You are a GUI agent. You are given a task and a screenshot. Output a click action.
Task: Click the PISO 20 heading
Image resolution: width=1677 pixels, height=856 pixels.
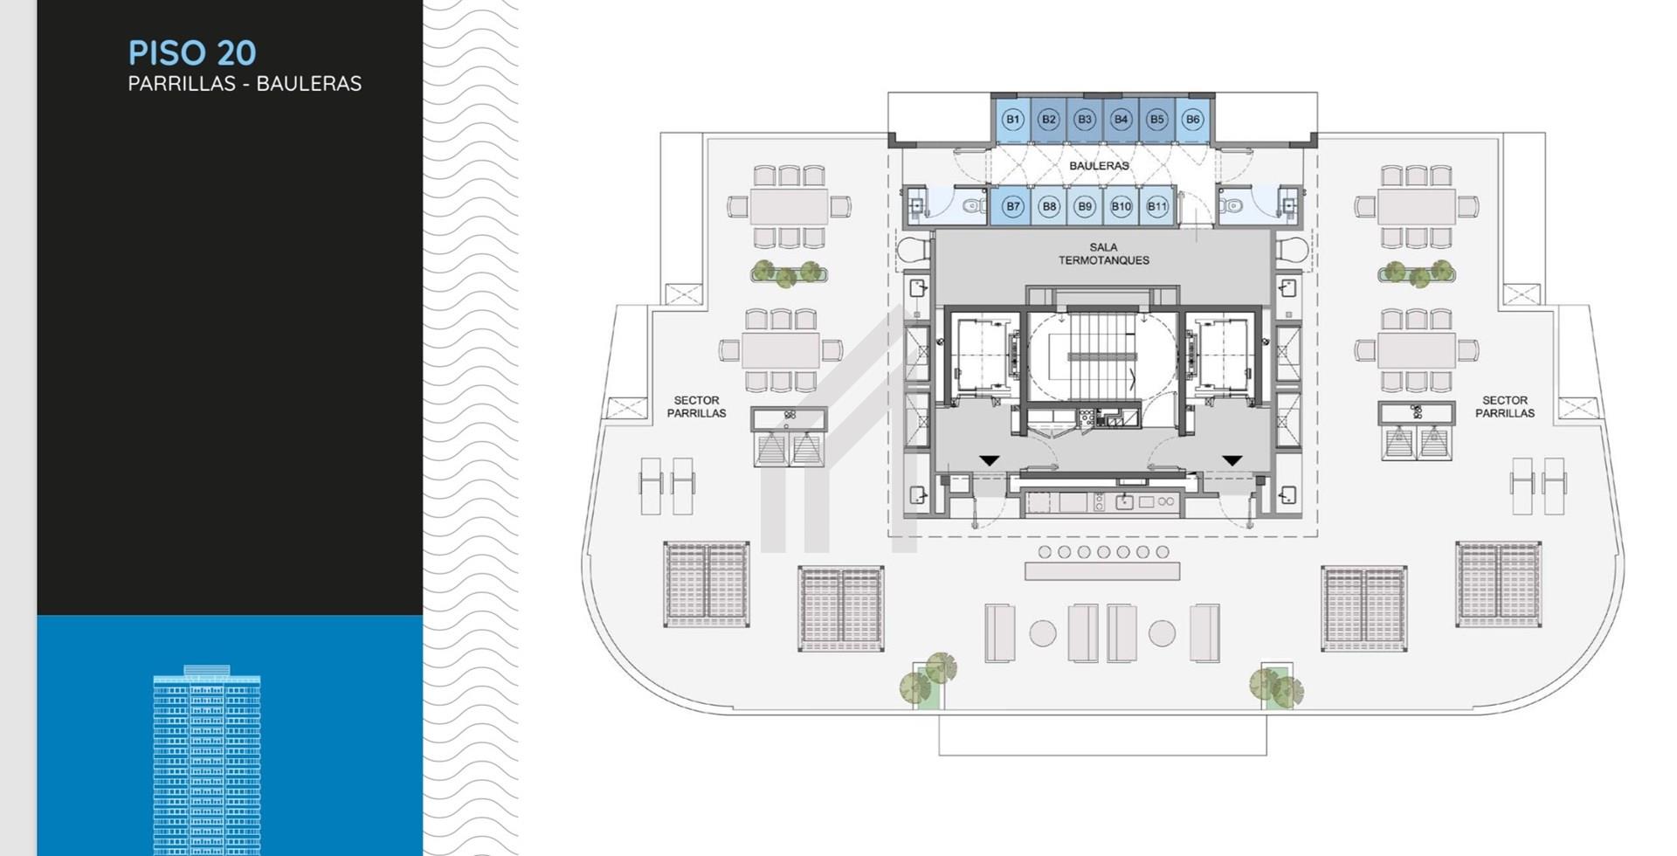192,53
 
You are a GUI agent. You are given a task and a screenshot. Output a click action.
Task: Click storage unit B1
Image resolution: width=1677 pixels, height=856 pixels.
1012,120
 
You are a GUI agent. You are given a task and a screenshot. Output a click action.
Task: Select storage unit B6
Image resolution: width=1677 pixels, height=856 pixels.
1192,120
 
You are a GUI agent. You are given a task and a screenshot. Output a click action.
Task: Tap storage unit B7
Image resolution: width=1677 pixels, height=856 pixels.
1011,207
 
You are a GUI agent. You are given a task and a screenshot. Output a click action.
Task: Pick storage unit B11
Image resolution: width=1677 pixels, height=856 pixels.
1157,207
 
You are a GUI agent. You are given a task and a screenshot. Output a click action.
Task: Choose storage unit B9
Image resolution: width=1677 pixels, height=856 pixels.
1085,207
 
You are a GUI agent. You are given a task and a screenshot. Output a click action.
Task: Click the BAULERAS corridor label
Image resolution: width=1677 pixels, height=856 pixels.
1099,166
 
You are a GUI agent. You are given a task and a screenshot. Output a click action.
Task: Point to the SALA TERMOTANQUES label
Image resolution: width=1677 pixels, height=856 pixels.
1104,254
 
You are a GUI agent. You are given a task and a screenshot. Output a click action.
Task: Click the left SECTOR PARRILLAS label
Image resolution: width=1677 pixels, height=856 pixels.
696,407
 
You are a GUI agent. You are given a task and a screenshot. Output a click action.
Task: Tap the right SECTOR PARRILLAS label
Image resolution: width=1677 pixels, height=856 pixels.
1505,407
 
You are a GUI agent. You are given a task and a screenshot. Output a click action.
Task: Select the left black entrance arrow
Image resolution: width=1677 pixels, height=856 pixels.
989,460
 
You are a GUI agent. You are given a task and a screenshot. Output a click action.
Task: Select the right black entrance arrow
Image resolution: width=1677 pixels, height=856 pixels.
1232,460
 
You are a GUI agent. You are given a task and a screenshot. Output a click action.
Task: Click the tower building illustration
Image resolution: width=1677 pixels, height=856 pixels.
207,760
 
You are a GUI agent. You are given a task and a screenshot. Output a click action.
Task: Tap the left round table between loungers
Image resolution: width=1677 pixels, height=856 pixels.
1043,633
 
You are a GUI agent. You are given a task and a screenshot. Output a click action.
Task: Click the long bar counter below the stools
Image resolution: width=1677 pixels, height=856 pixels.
1102,571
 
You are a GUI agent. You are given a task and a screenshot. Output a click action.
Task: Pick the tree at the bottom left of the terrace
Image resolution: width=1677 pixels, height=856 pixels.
928,679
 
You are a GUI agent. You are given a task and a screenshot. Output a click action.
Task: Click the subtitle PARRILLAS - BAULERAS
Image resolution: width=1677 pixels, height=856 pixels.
245,84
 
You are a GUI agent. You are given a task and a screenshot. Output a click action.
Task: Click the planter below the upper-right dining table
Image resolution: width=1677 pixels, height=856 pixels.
1417,273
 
